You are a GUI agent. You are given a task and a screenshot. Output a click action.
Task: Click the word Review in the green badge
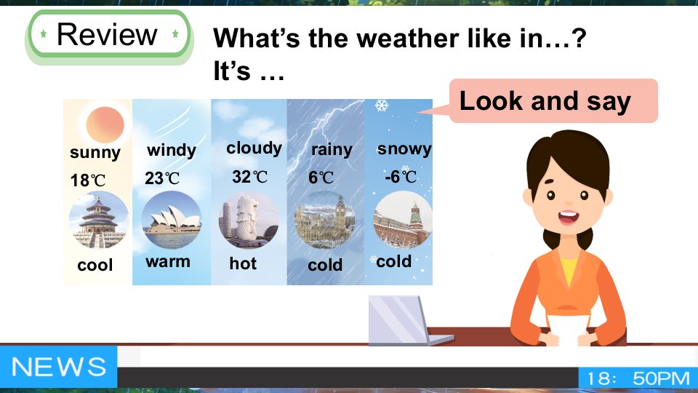[x=108, y=34]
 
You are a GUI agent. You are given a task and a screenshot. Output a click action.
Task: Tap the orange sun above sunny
[x=105, y=124]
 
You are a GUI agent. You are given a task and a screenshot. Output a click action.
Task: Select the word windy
[x=172, y=150]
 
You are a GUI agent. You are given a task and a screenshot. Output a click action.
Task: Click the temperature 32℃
[x=249, y=177]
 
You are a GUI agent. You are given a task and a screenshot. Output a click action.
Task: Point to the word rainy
[x=332, y=150]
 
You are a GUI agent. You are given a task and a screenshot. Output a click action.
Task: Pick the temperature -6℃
[x=401, y=177]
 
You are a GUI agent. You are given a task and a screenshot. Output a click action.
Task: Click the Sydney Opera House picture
[x=172, y=220]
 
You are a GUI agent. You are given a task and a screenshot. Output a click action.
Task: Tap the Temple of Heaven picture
[x=99, y=220]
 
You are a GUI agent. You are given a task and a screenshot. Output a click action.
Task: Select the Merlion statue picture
[x=249, y=220]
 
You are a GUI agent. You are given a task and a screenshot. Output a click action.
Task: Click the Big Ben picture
[x=324, y=220]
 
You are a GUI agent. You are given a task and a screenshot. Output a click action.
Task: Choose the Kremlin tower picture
[x=402, y=219]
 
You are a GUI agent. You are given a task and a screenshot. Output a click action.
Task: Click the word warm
[x=168, y=261]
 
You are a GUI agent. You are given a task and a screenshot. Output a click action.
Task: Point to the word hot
[x=243, y=263]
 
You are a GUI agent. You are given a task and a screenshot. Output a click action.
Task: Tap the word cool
[x=95, y=265]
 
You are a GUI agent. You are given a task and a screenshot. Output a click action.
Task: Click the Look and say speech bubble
[x=553, y=100]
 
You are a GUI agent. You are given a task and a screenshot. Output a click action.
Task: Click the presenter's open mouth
[x=569, y=218]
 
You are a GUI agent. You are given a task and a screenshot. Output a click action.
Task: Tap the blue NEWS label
[x=58, y=367]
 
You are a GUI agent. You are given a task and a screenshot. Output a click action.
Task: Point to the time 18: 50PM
[x=638, y=378]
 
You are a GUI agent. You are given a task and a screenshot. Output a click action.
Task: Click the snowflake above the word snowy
[x=382, y=106]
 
